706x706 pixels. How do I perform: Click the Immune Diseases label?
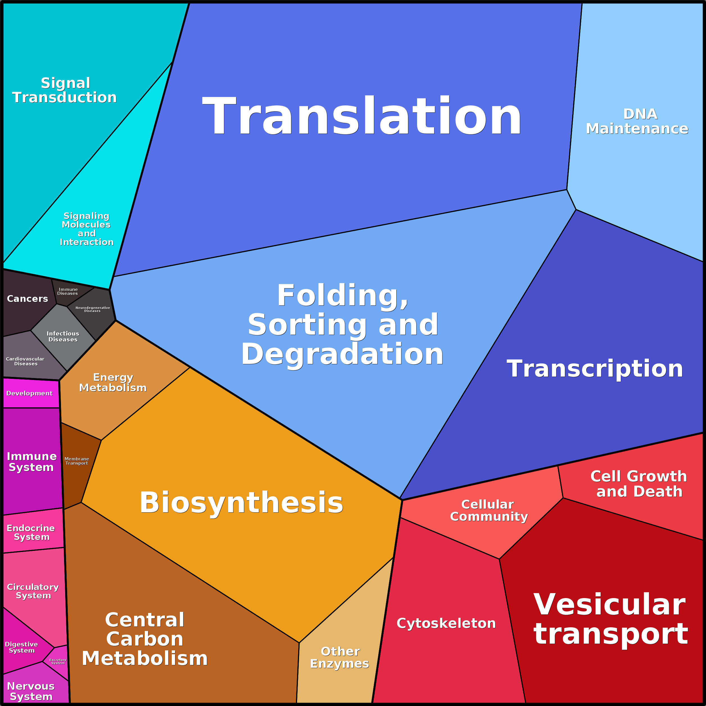point(68,291)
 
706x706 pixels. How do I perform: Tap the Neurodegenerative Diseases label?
point(92,309)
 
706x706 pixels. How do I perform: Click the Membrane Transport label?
point(77,461)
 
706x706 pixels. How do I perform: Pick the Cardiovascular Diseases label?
point(25,361)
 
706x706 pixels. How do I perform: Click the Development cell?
point(31,393)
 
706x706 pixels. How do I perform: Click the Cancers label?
point(28,298)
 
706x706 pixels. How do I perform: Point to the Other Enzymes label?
point(340,657)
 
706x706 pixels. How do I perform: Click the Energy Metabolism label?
point(113,383)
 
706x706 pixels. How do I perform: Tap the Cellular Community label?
point(489,510)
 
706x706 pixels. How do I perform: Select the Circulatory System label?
point(33,591)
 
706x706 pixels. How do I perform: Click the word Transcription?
point(595,369)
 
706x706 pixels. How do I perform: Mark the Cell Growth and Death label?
point(639,484)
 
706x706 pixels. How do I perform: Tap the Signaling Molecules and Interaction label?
point(87,229)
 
